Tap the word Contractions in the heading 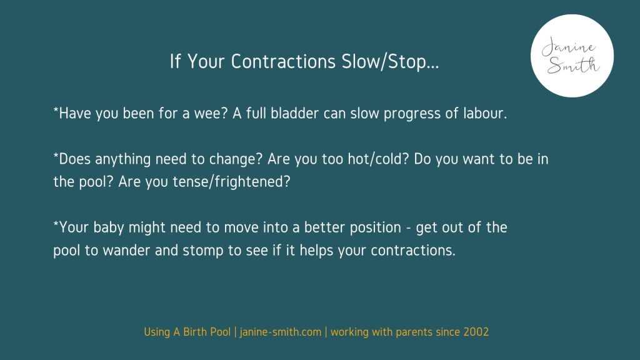[x=283, y=61]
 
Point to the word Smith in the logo [x=573, y=65]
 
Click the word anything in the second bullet [x=123, y=159]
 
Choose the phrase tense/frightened [x=231, y=182]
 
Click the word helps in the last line [x=317, y=251]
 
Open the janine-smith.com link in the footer [x=281, y=332]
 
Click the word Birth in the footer [x=195, y=332]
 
